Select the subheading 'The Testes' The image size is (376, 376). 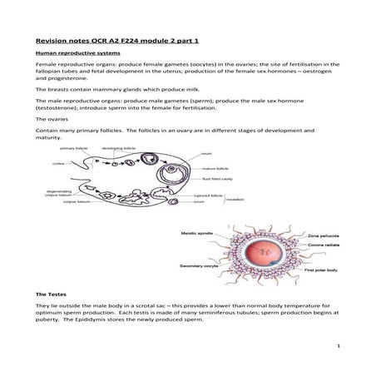(52, 294)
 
